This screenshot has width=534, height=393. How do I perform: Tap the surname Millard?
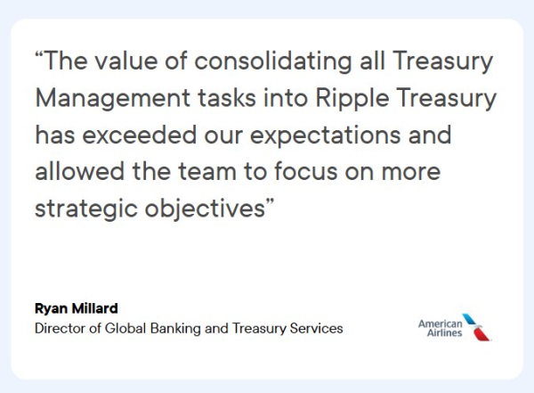[97, 309]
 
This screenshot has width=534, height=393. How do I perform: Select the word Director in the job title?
[60, 328]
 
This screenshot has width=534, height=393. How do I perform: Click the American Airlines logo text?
[440, 327]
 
